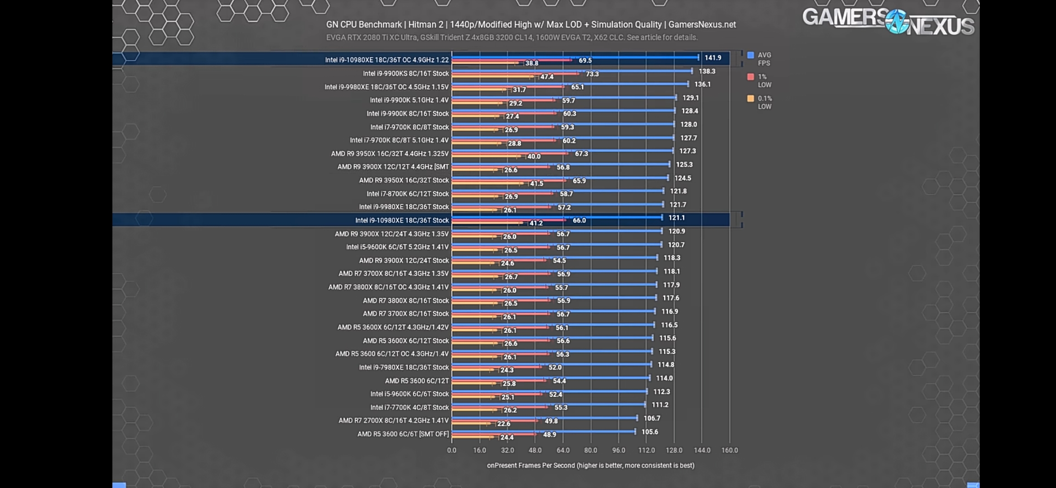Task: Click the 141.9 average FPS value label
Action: (x=713, y=58)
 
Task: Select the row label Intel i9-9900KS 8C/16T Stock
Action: (x=406, y=73)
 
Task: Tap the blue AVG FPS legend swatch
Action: (x=750, y=55)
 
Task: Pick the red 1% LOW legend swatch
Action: (x=750, y=77)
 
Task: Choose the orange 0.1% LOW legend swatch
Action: (x=750, y=99)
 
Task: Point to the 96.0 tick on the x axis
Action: (x=618, y=450)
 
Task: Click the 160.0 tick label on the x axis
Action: (x=729, y=450)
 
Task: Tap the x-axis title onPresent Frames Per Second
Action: (x=590, y=465)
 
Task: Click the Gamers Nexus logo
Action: (x=888, y=22)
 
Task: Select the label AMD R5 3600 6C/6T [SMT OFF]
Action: (x=403, y=434)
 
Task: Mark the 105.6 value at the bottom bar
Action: (x=649, y=432)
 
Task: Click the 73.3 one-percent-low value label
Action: (x=592, y=74)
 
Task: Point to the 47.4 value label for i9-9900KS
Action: (x=547, y=77)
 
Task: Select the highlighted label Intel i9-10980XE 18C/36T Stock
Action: (x=402, y=221)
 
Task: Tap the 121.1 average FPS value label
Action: (x=676, y=218)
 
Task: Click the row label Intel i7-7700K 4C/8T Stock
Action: (x=409, y=408)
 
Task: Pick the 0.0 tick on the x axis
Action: (x=452, y=450)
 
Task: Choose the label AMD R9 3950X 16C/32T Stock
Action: (x=403, y=180)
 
